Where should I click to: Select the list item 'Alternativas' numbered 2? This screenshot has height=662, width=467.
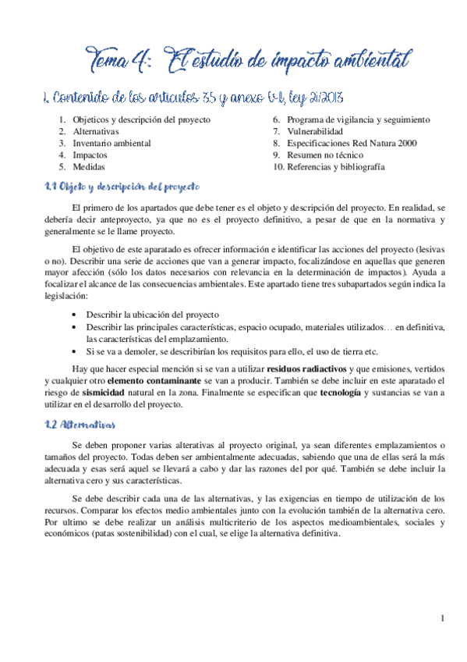(x=96, y=132)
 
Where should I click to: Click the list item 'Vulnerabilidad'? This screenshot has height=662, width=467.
(x=315, y=132)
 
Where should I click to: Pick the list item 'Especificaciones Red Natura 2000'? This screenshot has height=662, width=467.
(x=352, y=144)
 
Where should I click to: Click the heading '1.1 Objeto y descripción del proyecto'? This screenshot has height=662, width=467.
(x=122, y=187)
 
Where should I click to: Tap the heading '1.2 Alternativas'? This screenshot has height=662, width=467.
(x=80, y=425)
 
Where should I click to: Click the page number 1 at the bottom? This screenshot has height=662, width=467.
(x=442, y=619)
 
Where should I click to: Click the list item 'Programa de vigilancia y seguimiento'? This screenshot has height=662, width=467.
(x=358, y=120)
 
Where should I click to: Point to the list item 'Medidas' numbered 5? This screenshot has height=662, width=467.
(x=88, y=167)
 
